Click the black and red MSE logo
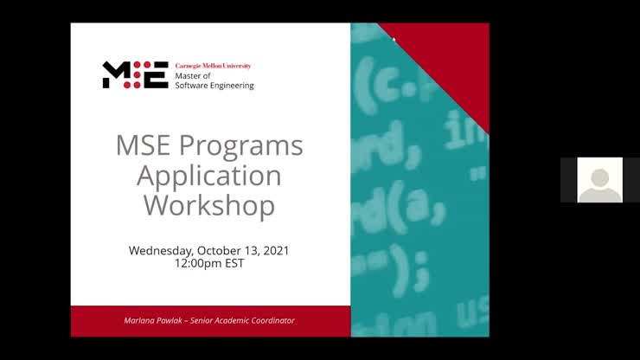coord(135,75)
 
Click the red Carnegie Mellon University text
coord(213,66)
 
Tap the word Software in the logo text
coord(192,86)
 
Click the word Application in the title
coord(209,176)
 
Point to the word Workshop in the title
coord(209,205)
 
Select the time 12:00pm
coord(196,263)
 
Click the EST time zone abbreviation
coord(234,263)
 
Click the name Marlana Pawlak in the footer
coord(154,321)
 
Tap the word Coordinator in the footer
coord(268,321)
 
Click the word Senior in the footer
coord(204,321)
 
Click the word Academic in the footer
coord(233,321)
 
